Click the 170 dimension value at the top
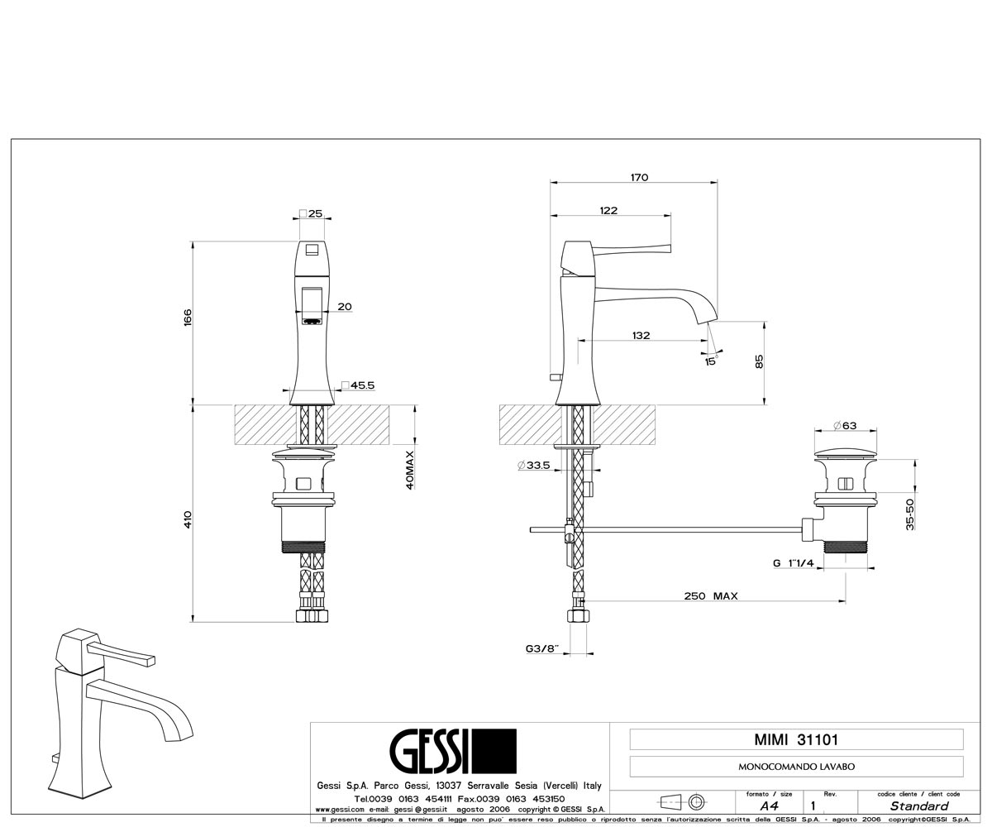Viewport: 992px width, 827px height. coord(640,177)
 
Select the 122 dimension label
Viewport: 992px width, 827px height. coord(608,211)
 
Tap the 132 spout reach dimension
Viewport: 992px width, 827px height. coord(641,336)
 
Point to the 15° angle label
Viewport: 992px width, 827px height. coord(711,361)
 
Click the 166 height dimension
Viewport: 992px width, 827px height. coord(188,318)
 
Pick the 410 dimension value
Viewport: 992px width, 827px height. coord(188,519)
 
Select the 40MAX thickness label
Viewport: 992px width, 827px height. coord(410,470)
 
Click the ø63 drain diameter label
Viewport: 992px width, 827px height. coord(845,425)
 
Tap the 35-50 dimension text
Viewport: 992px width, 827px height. coord(910,514)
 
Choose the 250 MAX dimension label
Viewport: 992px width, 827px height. coord(711,596)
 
